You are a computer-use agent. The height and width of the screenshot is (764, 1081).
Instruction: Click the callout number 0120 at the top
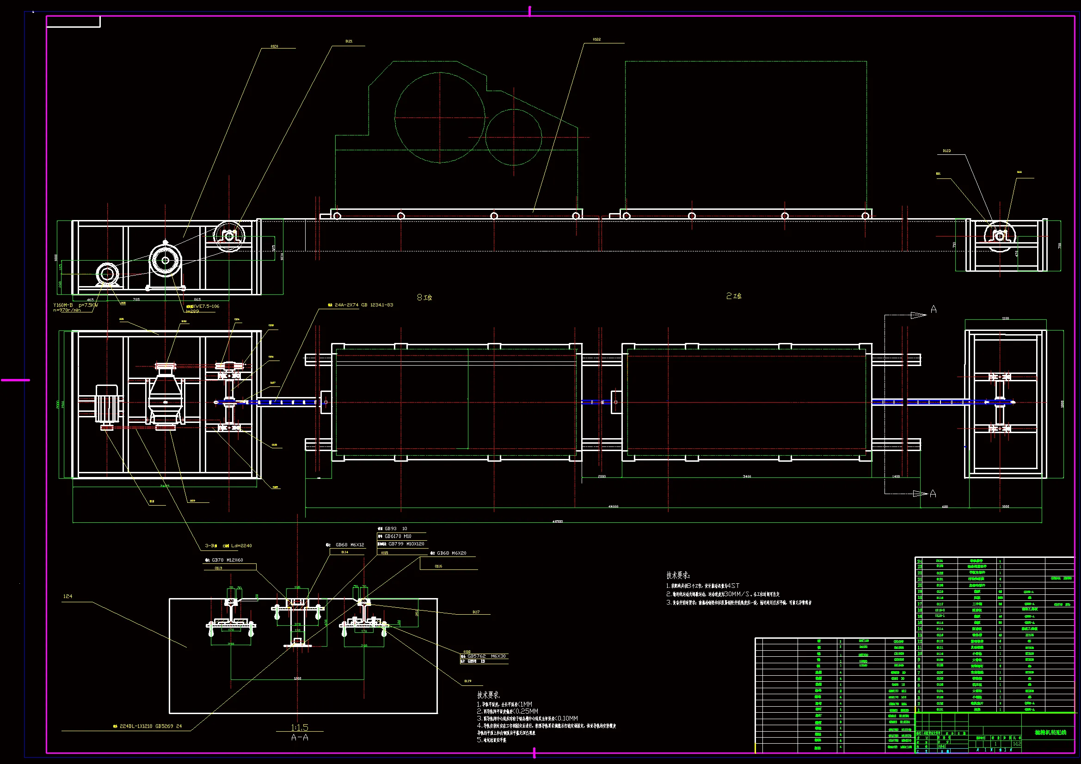pos(274,46)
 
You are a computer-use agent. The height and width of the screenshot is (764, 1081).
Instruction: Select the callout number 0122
pos(596,40)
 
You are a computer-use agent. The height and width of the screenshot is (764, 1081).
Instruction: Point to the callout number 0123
pos(946,151)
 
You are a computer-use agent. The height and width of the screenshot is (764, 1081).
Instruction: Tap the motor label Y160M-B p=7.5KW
pos(75,305)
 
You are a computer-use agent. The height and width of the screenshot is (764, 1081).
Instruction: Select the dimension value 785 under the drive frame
pos(136,299)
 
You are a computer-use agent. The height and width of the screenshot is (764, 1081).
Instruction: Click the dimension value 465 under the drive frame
pos(90,299)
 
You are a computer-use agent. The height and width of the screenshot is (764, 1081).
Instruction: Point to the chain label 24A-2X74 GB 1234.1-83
pos(363,305)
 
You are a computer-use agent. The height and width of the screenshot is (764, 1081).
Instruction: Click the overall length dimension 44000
pos(613,507)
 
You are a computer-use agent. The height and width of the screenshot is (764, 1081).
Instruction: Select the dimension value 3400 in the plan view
pos(747,477)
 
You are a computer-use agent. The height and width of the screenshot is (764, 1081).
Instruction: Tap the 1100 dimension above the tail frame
pos(1005,318)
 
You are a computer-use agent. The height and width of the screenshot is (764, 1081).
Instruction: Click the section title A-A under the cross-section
pos(300,738)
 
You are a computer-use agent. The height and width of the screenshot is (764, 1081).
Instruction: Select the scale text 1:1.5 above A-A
pos(300,727)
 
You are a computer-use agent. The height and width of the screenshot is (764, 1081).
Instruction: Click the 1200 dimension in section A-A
pos(297,678)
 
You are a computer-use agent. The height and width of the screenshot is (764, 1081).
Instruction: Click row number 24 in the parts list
pos(919,561)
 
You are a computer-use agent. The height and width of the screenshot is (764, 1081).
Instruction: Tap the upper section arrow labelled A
pos(933,309)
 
